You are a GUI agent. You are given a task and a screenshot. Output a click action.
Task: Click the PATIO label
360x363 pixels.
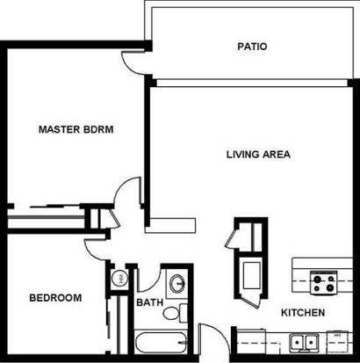click(x=252, y=47)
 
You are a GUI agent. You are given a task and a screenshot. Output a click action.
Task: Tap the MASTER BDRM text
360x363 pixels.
click(x=76, y=129)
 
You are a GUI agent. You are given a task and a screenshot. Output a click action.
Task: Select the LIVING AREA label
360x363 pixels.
click(x=258, y=154)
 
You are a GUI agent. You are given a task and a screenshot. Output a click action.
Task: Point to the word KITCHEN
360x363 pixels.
click(x=303, y=313)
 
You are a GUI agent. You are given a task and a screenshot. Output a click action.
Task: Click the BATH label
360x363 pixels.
click(x=150, y=302)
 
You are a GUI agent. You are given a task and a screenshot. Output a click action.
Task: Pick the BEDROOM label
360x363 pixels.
click(x=55, y=298)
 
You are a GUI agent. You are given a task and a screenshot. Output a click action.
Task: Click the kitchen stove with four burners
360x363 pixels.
click(x=324, y=282)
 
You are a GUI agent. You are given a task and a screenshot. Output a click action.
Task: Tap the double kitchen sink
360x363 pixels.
click(x=304, y=342)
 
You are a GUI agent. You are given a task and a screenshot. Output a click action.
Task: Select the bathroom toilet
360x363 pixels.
click(x=176, y=313)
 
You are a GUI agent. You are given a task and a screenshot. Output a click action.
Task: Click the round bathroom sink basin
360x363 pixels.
click(x=178, y=283)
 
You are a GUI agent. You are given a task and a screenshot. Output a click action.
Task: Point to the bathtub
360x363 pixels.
click(x=161, y=343)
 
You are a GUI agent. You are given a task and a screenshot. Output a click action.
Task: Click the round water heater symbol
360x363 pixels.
click(x=119, y=278)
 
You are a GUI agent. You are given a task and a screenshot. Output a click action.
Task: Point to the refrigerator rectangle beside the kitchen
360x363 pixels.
click(x=252, y=275)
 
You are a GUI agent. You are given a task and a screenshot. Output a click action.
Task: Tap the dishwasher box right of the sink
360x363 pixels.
click(x=337, y=340)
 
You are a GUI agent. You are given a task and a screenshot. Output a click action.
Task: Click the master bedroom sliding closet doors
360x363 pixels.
click(x=55, y=206)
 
